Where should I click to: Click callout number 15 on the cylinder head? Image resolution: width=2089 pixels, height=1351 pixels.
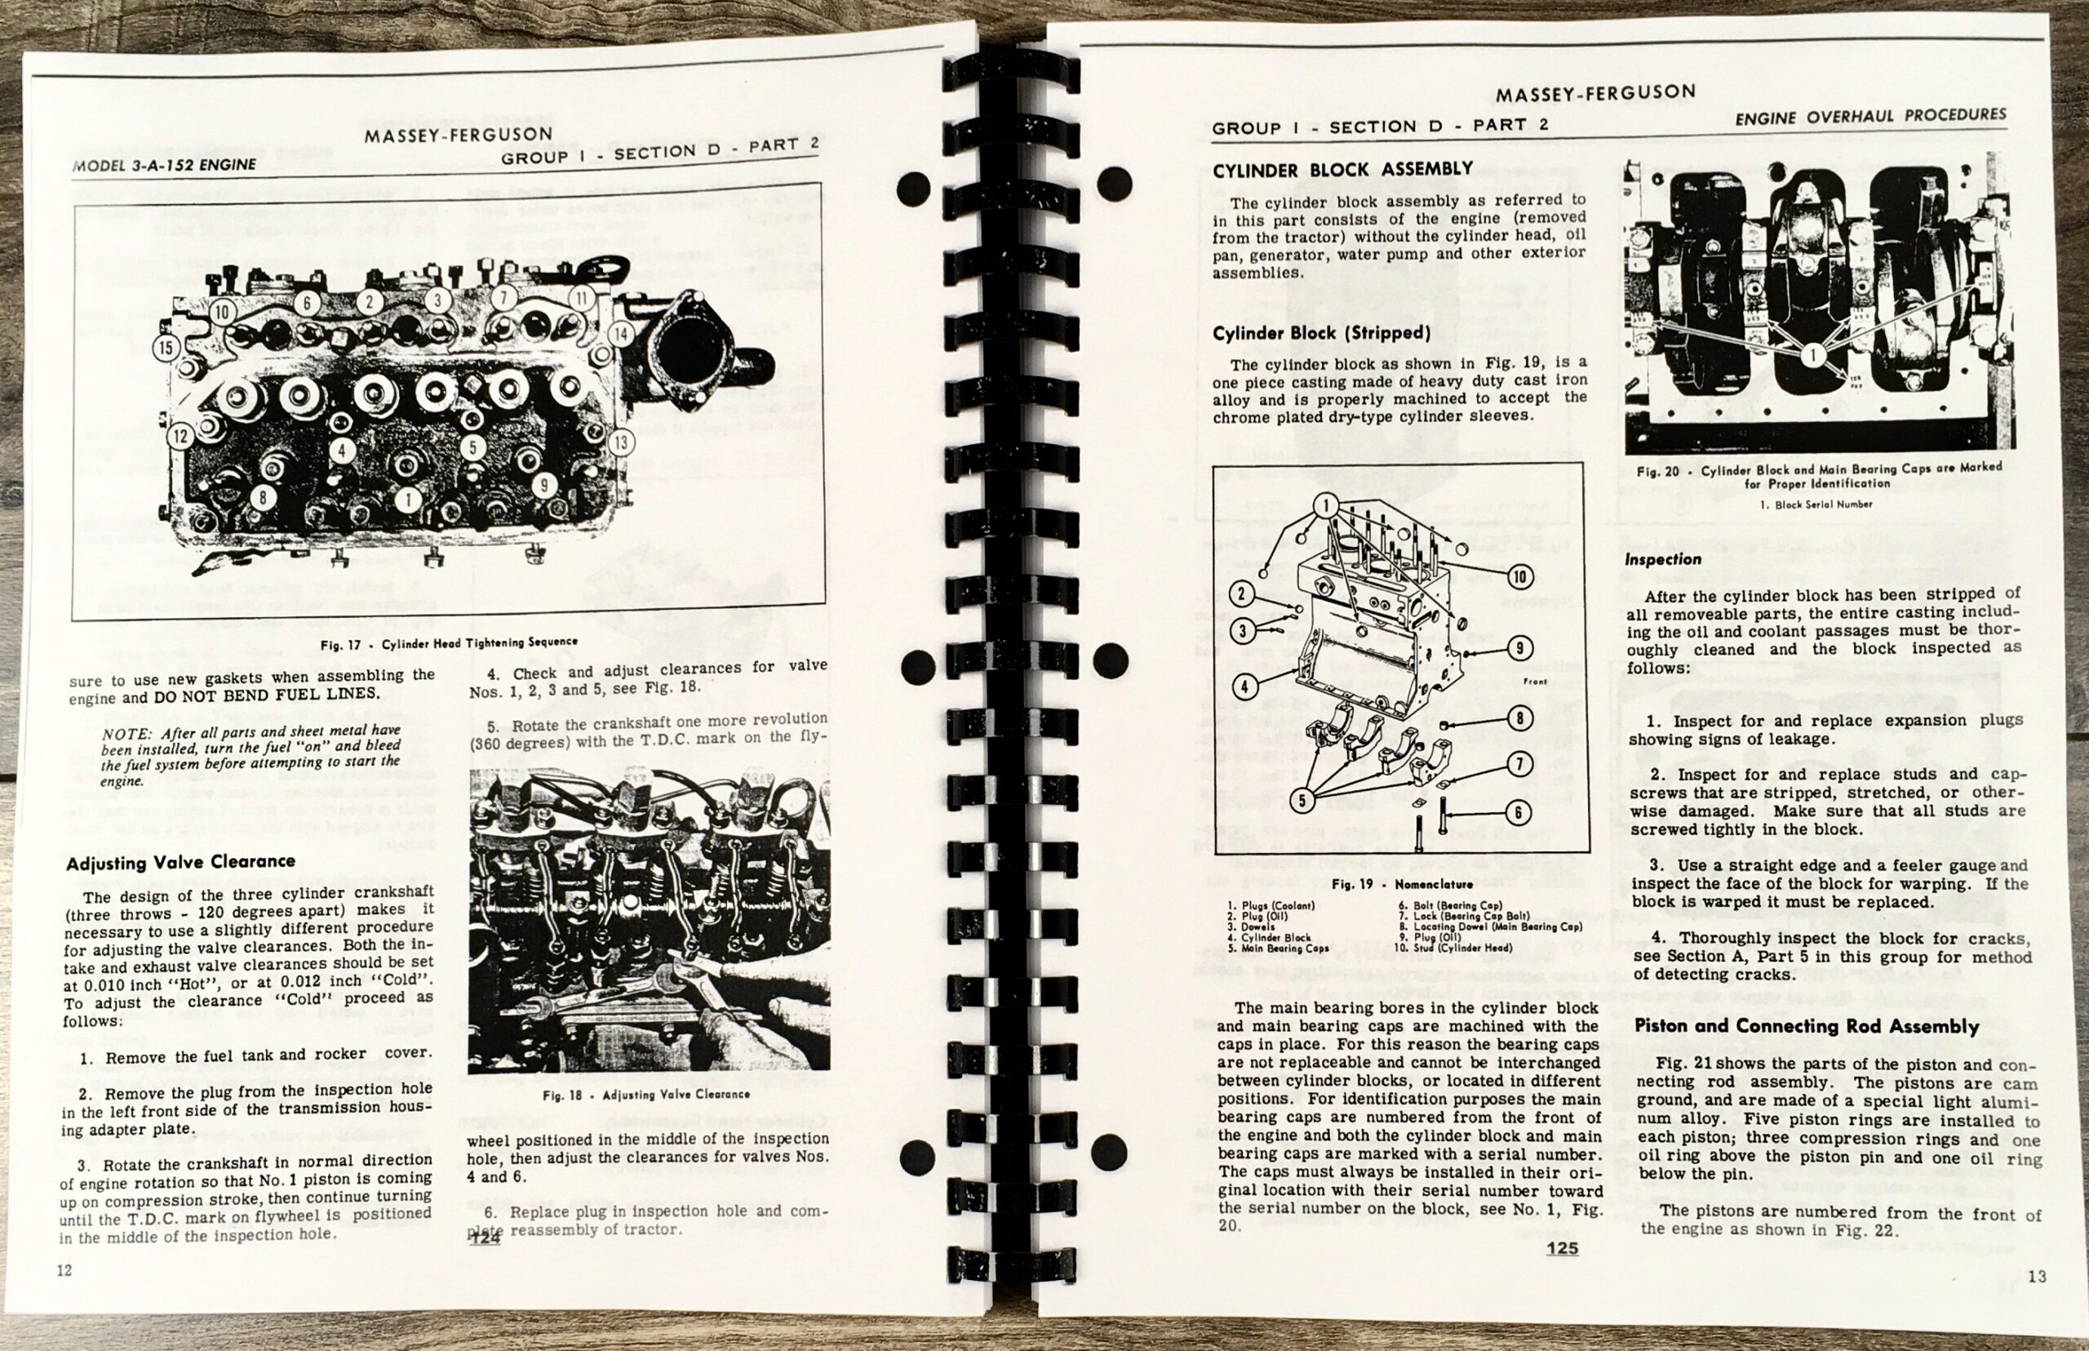[166, 348]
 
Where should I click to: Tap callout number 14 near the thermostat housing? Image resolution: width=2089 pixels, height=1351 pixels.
[621, 332]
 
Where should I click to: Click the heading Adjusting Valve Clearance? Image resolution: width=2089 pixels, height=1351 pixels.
[180, 862]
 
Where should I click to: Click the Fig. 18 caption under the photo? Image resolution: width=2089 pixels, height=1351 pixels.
[646, 1095]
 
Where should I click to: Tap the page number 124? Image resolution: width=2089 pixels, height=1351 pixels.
[485, 1240]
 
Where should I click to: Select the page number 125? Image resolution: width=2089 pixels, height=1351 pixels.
[1562, 1248]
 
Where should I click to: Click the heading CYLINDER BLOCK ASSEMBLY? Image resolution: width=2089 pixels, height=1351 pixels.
[1342, 169]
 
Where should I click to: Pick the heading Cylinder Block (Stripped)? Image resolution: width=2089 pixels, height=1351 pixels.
[1322, 333]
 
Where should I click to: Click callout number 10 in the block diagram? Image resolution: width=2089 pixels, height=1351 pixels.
[1521, 576]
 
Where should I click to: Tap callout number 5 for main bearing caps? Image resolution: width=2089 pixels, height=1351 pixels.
[1302, 800]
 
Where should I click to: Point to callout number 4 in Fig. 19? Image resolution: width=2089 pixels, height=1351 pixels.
[1244, 685]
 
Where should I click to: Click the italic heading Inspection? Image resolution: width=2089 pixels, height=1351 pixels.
[1663, 559]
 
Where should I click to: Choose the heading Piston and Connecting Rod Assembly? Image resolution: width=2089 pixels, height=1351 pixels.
[1807, 1026]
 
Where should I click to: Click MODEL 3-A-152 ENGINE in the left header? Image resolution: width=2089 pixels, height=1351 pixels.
[165, 165]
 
